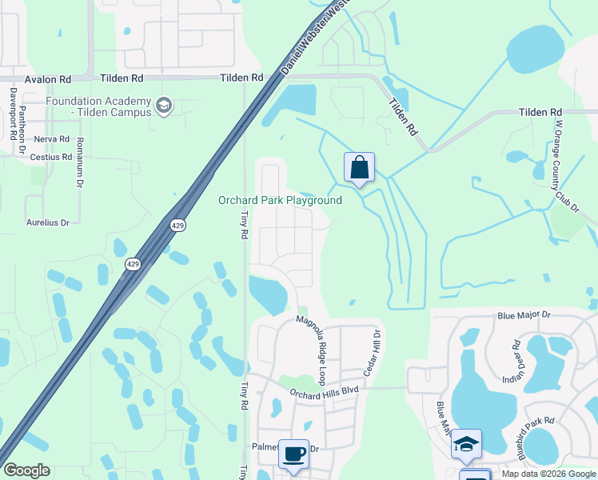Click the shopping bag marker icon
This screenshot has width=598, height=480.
tap(360, 168)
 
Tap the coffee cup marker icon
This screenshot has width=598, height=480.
tap(293, 454)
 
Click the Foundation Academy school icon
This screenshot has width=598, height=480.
tap(164, 106)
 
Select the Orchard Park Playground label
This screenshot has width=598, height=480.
tap(280, 201)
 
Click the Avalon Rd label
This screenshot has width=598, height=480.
tap(48, 79)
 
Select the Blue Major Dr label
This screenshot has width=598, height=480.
tap(524, 316)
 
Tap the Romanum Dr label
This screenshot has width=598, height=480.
tap(80, 162)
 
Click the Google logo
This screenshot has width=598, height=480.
tap(26, 470)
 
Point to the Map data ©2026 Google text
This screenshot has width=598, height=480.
tap(548, 474)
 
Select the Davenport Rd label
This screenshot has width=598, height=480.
tap(13, 114)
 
